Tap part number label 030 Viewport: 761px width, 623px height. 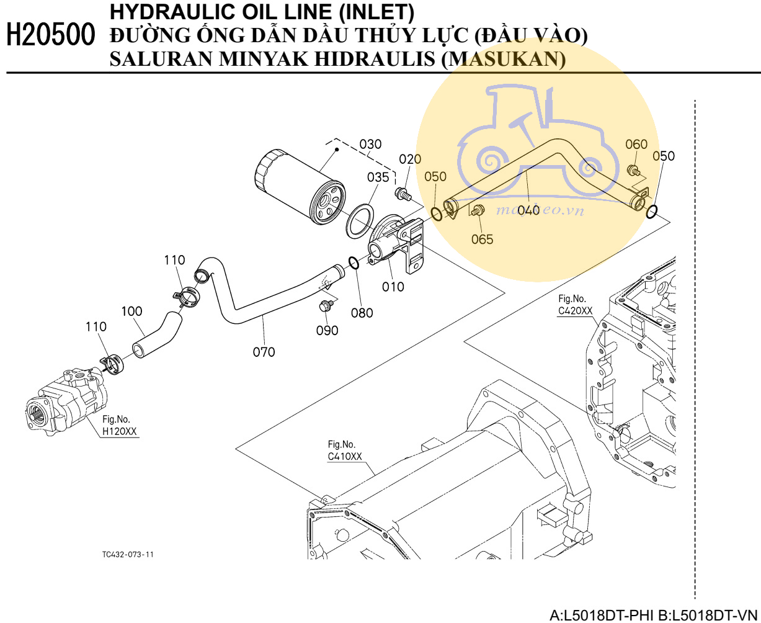(x=371, y=145)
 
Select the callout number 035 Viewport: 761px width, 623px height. (x=378, y=177)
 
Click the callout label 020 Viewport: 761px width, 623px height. (x=410, y=159)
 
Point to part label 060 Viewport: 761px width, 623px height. (x=636, y=145)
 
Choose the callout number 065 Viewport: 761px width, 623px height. (x=482, y=239)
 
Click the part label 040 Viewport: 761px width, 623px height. (x=528, y=210)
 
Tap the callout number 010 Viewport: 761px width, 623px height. (x=393, y=287)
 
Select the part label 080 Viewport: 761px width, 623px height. (x=362, y=313)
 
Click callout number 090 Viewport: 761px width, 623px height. (x=327, y=331)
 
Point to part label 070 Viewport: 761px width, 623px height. (x=264, y=352)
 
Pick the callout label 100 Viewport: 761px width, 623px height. (x=131, y=311)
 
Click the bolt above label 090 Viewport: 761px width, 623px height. (x=326, y=305)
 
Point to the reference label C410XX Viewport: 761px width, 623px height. (x=345, y=457)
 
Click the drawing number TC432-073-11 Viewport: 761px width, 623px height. (x=128, y=554)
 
